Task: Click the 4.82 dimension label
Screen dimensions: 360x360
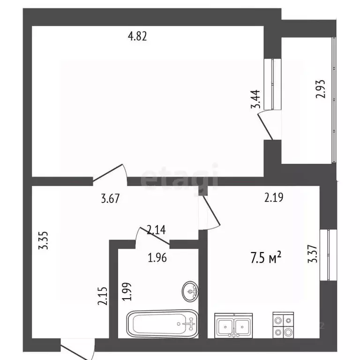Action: (137, 36)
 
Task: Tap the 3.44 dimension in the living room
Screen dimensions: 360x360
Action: (255, 99)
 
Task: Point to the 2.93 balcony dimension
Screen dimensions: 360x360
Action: (321, 89)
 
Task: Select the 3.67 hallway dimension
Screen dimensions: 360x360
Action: (110, 198)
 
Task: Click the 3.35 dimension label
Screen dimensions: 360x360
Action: (43, 240)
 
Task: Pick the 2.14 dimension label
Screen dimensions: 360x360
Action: (156, 230)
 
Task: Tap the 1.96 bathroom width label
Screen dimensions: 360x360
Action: (157, 258)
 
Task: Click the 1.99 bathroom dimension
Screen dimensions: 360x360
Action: (127, 292)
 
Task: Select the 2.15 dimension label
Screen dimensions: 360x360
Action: (102, 296)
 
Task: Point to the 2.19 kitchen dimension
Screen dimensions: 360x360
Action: (274, 197)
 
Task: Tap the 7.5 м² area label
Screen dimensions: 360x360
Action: (266, 257)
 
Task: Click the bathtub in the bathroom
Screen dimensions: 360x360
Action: (162, 324)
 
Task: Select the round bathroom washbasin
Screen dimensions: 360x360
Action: (190, 291)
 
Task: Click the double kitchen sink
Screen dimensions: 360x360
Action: (233, 326)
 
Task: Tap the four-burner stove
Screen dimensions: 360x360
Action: (283, 325)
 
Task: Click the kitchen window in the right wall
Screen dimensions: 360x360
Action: (329, 255)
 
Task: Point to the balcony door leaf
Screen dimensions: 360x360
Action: (265, 127)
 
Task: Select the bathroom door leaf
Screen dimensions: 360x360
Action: (155, 236)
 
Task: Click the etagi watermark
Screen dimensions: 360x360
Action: (180, 177)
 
